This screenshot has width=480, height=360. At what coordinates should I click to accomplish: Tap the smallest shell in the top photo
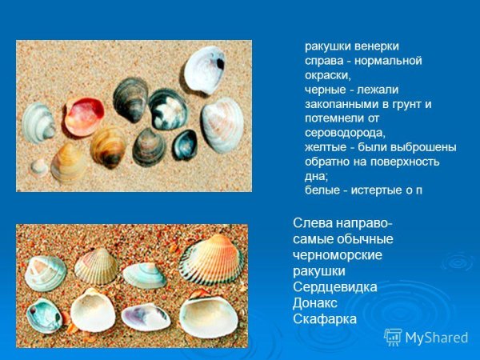click(x=38, y=166)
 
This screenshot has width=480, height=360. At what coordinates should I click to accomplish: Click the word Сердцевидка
click(x=335, y=286)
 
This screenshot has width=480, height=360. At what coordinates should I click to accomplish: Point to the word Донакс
click(x=315, y=302)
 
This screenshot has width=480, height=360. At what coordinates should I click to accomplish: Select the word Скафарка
click(x=325, y=319)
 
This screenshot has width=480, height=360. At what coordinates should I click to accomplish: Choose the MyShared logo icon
click(x=393, y=337)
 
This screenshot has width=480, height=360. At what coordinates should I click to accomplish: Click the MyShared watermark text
click(x=437, y=338)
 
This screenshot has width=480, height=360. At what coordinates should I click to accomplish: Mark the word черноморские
click(x=338, y=254)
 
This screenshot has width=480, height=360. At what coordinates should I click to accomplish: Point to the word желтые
click(x=326, y=147)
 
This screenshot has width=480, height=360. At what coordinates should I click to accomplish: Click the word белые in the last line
click(x=323, y=190)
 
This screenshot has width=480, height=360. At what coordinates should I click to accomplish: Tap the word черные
click(x=326, y=90)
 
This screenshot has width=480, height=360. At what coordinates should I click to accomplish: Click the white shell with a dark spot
click(x=206, y=70)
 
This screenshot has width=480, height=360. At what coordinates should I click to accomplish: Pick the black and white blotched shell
click(x=168, y=110)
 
